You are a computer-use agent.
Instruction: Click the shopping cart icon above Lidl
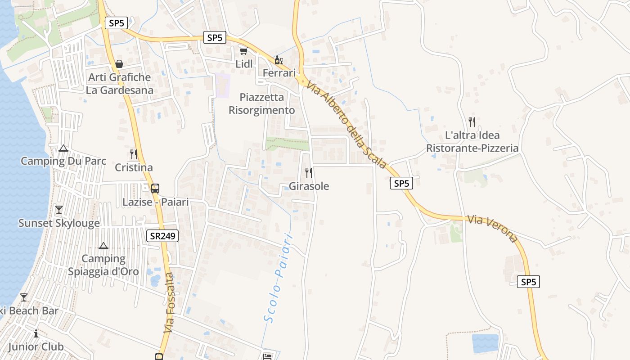243,51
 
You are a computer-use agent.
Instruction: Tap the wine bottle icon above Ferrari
279,60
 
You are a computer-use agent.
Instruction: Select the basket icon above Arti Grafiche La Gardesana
119,64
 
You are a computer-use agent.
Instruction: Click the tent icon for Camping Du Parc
63,148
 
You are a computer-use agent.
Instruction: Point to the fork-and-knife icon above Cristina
134,154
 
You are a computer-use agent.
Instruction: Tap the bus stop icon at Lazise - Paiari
155,188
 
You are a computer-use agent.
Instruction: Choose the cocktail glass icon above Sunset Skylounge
58,210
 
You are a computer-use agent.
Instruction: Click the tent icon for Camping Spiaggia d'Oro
103,246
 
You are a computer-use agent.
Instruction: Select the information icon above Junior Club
36,333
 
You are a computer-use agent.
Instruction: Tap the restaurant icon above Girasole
309,172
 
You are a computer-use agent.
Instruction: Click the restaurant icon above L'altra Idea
472,121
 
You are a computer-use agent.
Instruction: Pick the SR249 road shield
162,235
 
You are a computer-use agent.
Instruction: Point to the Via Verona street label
492,228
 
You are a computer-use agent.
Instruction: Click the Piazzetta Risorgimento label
262,103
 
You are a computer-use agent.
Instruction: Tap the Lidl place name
244,64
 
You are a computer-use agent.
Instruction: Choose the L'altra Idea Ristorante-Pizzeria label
472,142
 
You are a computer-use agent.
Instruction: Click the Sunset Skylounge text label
59,223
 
